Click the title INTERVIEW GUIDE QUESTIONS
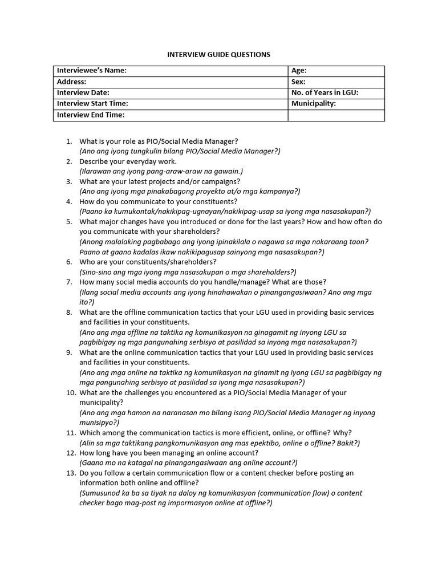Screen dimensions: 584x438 tap(218, 55)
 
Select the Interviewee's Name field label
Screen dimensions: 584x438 tap(92, 71)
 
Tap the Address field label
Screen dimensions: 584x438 tap(71, 82)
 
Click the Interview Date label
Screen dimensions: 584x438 tap(83, 92)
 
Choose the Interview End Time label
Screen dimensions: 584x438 tap(91, 115)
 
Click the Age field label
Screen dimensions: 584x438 tap(299, 71)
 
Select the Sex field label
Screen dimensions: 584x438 tap(298, 82)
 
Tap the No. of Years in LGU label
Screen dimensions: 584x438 tap(325, 92)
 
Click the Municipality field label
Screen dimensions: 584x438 tap(314, 104)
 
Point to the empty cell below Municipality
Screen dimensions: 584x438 tap(336, 115)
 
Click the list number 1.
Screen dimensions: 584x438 tap(68, 141)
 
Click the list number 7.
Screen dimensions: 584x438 tap(68, 282)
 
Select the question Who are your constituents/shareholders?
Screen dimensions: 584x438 tap(148, 262)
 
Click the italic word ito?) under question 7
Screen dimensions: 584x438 tap(87, 302)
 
